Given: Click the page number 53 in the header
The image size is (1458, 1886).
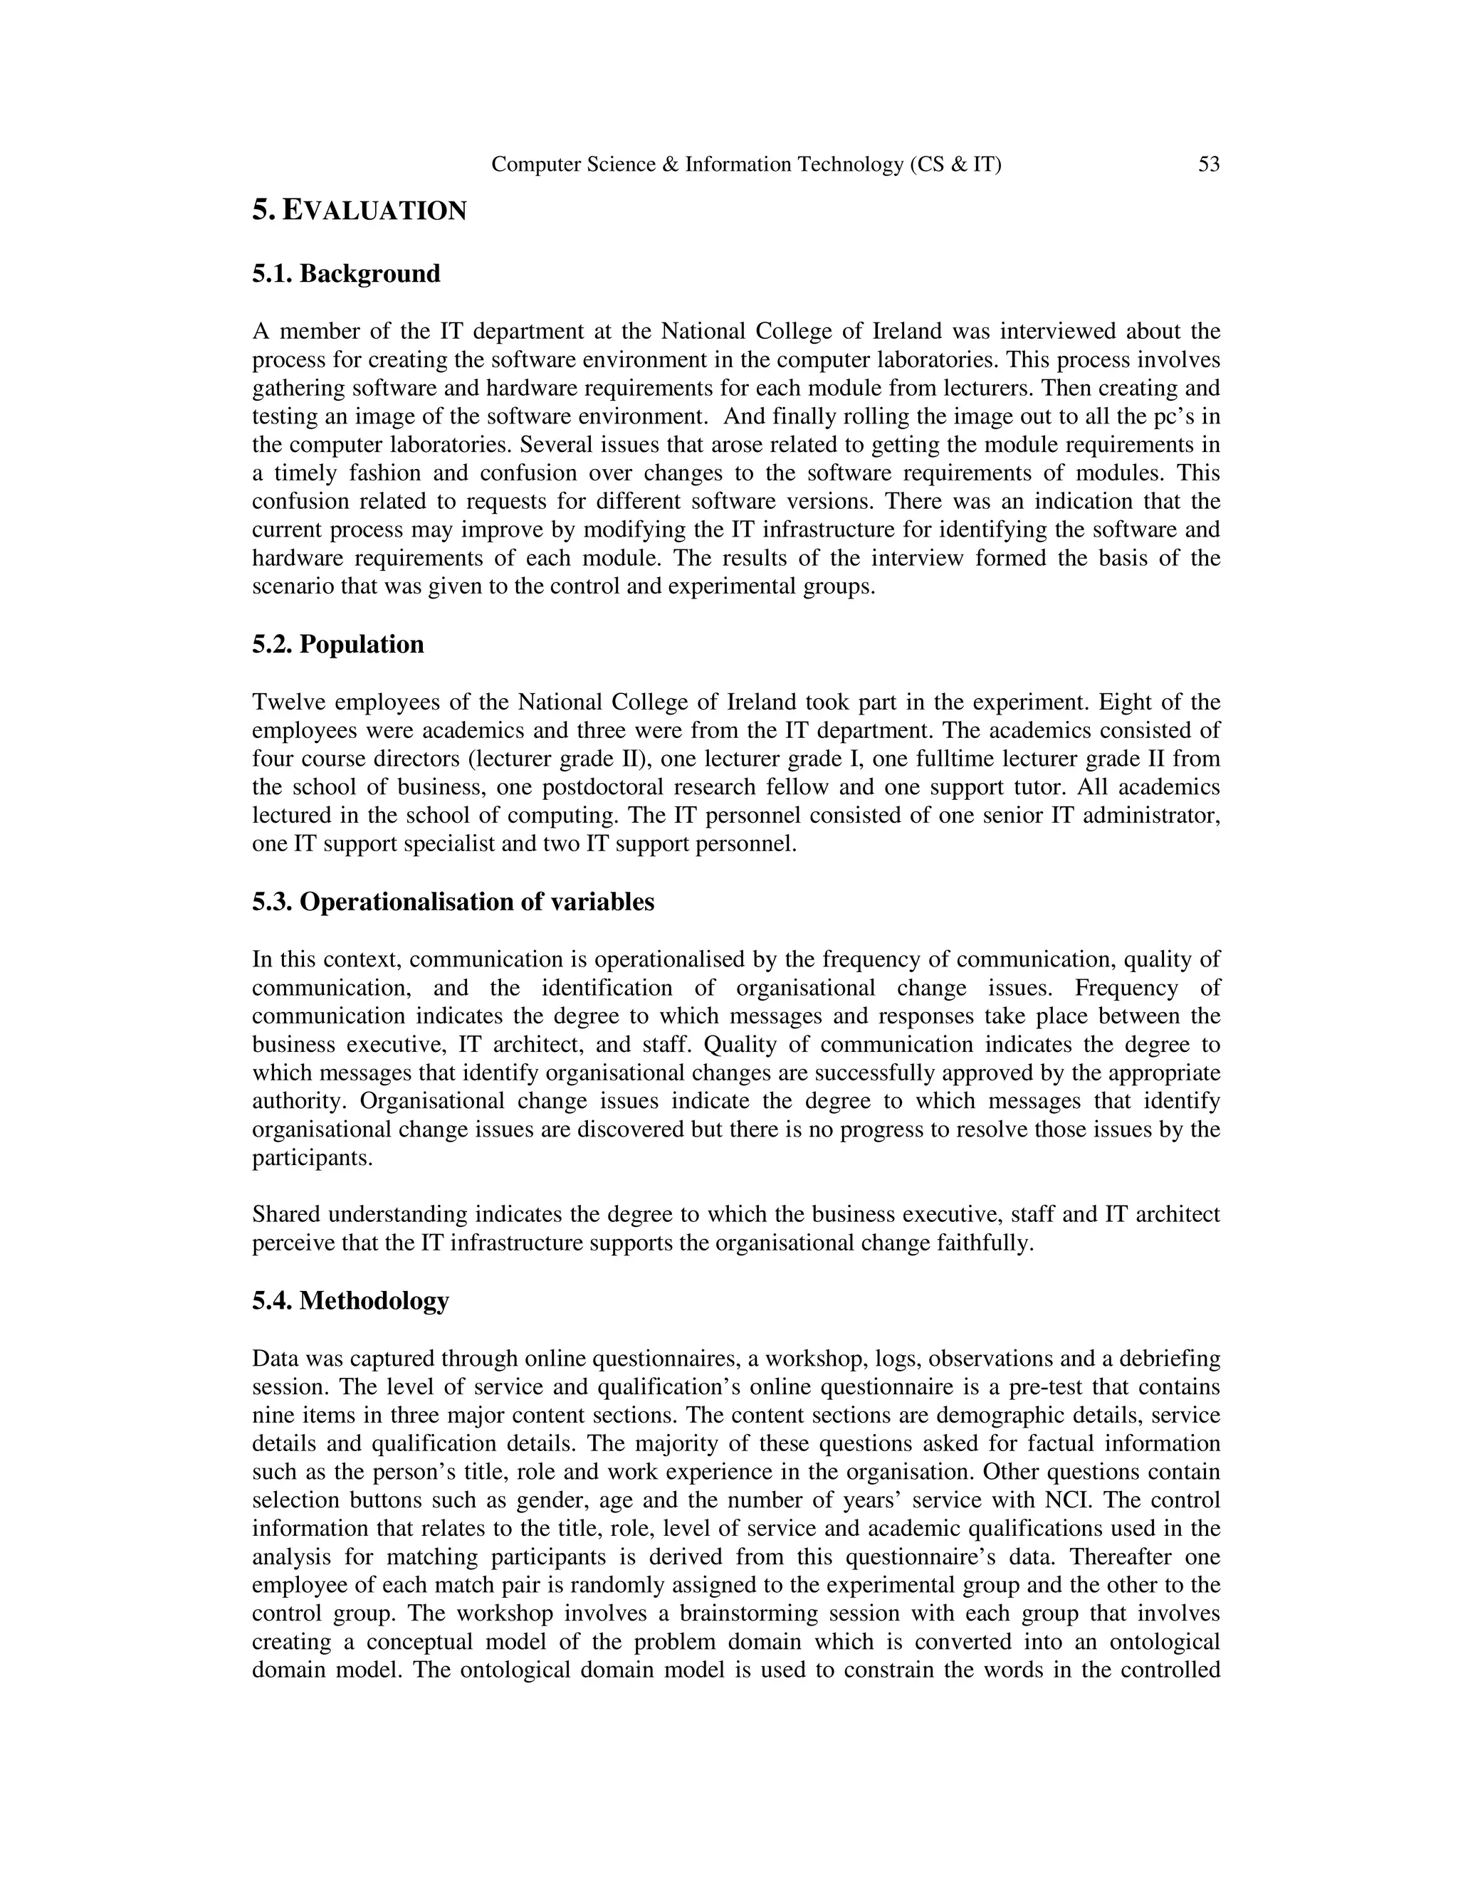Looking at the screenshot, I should pyautogui.click(x=1208, y=164).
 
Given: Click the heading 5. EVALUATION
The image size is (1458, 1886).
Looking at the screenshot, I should pyautogui.click(x=360, y=210).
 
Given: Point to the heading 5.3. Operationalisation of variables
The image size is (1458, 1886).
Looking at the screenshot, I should pyautogui.click(x=453, y=902).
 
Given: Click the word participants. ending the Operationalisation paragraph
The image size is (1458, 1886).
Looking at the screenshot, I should pyautogui.click(x=312, y=1158).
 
